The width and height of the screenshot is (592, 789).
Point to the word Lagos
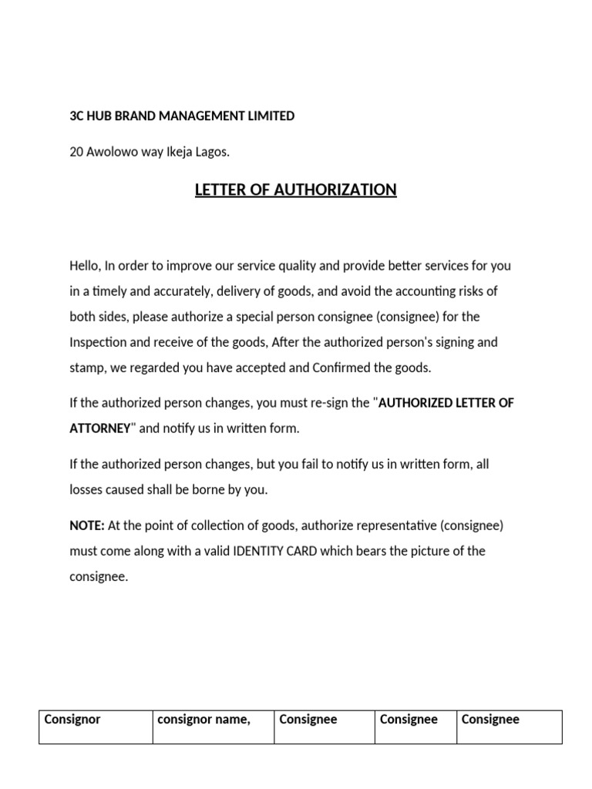click(x=214, y=153)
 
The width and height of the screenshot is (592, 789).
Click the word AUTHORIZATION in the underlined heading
click(x=325, y=190)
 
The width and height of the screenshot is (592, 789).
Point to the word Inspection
click(x=97, y=342)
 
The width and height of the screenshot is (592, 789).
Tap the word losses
click(x=86, y=489)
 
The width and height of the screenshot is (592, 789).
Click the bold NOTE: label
click(x=87, y=525)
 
